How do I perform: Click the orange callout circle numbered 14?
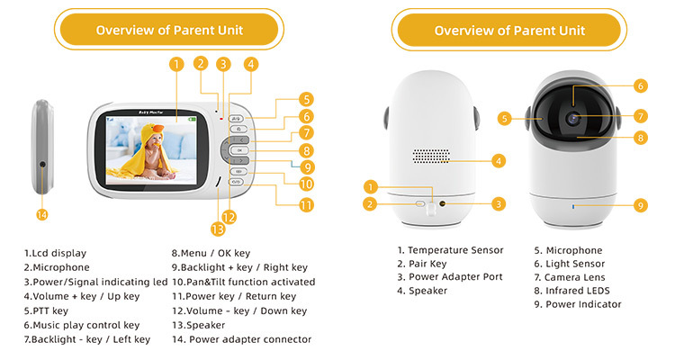[x=41, y=214]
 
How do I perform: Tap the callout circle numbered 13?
[x=217, y=228]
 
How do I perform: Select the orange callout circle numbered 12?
[x=231, y=216]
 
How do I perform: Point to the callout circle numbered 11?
[x=306, y=204]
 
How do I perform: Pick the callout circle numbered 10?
[x=306, y=184]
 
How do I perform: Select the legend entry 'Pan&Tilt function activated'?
[x=243, y=282]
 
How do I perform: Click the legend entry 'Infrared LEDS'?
[x=577, y=291]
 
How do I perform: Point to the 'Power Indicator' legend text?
[x=583, y=304]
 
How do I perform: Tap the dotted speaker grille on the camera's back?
[x=431, y=156]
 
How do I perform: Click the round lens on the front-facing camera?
[x=572, y=117]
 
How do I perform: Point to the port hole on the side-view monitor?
[x=42, y=164]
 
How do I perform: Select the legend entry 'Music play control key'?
[x=85, y=325]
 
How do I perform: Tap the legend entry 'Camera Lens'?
[x=577, y=277]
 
